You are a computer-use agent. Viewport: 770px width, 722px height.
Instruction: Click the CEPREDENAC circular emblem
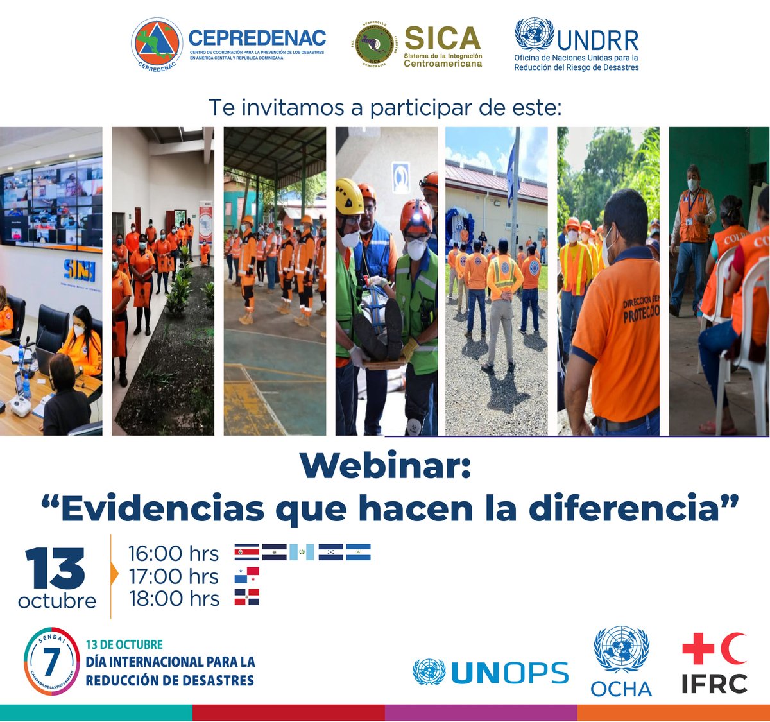coord(157,44)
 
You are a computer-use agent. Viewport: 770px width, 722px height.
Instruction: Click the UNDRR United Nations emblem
coord(534,35)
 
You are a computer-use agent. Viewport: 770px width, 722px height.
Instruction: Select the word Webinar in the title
coord(385,465)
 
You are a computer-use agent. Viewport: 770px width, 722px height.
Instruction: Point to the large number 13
coord(56,569)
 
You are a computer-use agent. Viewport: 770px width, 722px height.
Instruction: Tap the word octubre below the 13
coord(57,601)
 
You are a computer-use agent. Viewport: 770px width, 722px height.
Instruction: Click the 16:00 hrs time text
coord(173,553)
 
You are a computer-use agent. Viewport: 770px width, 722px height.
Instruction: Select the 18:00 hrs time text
coord(174,599)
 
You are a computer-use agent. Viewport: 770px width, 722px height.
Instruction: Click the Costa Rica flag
coord(247,552)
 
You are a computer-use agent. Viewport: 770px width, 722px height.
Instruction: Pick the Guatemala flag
coord(302,552)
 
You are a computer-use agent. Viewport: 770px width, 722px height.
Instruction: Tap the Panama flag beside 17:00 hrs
coord(247,575)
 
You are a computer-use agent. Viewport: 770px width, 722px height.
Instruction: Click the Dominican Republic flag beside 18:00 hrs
coord(247,597)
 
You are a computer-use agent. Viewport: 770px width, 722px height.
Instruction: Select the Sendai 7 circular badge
coord(51,661)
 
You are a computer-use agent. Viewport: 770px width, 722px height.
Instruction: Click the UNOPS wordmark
coord(509,673)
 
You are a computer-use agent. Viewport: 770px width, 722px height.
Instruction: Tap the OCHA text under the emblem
coord(620,689)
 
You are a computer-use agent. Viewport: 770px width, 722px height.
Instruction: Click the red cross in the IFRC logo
coord(698,648)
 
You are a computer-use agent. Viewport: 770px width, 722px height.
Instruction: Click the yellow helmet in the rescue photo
coord(349,196)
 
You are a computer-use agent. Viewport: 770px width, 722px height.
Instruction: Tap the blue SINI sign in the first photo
coord(79,270)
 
